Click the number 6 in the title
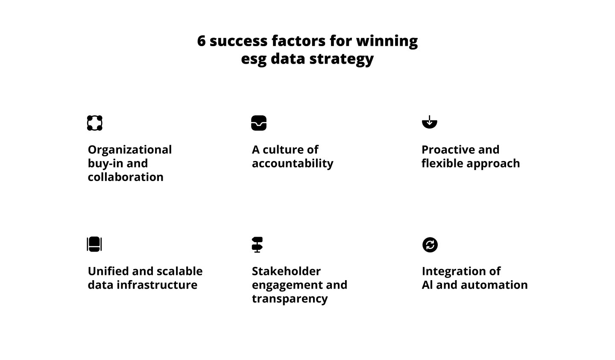point(202,41)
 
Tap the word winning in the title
point(387,41)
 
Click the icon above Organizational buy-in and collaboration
point(94,123)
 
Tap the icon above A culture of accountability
point(259,123)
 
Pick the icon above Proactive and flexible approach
point(430,122)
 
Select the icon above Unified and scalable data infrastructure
point(94,244)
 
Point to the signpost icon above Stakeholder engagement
point(257,245)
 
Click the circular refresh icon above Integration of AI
point(430,245)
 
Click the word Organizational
point(130,150)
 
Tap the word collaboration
point(126,177)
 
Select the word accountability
point(293,164)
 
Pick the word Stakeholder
point(286,272)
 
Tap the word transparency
point(290,299)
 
